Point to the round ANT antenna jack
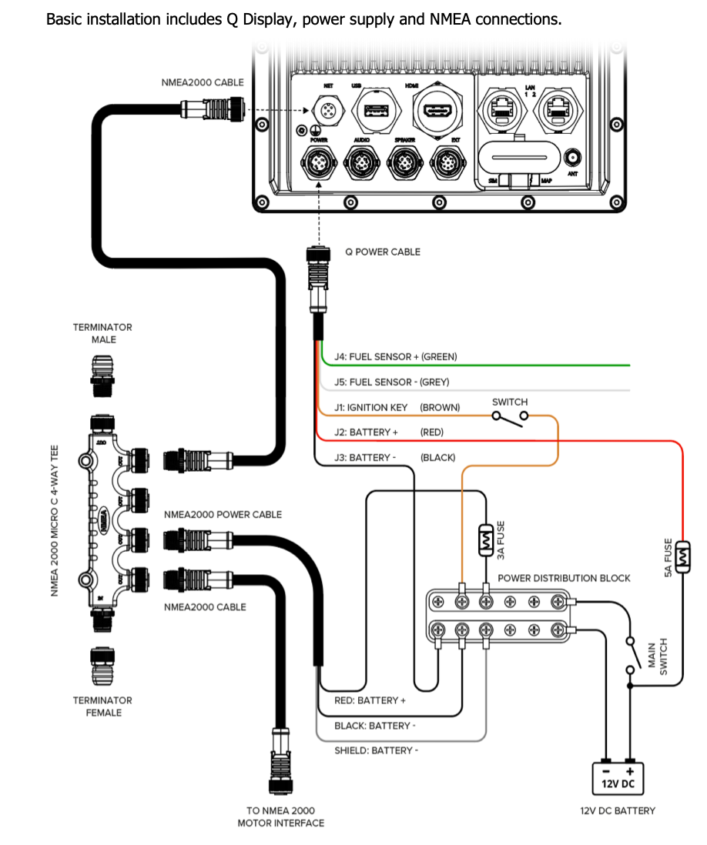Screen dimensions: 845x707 (x=572, y=158)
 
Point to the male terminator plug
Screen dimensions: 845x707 (x=103, y=375)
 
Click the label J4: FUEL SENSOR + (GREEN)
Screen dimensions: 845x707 (x=395, y=356)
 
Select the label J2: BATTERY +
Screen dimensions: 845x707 (x=367, y=433)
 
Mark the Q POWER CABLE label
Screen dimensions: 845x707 (x=383, y=252)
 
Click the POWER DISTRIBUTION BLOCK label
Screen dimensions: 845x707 (x=564, y=578)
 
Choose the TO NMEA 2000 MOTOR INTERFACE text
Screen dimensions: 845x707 (x=280, y=817)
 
